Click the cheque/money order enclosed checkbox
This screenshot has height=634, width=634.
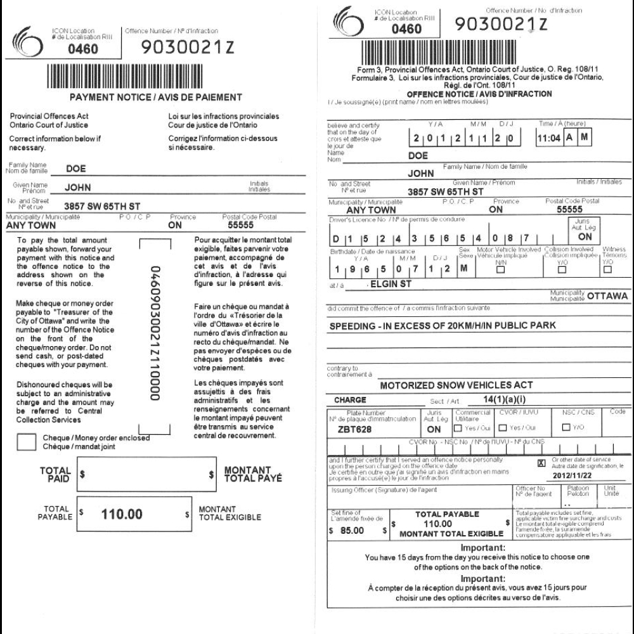pos(26,441)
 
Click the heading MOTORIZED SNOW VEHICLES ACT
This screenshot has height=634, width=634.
pos(456,385)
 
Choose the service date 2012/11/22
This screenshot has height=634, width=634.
pos(571,474)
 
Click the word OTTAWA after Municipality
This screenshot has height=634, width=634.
pos(607,295)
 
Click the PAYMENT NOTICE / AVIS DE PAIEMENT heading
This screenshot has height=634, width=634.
pos(155,97)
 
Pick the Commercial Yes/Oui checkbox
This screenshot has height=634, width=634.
pos(458,428)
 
